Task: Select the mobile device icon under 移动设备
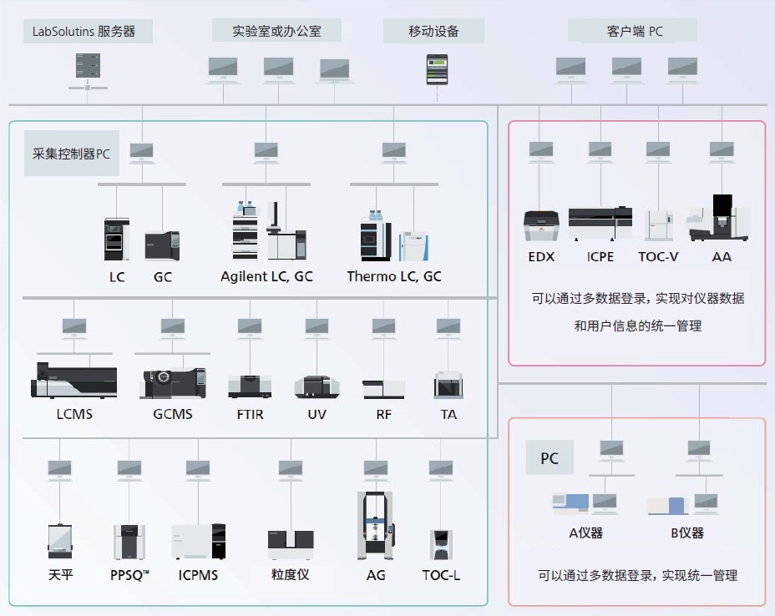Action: tap(437, 69)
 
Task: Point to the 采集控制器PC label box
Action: tap(71, 154)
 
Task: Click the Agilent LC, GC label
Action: tap(267, 276)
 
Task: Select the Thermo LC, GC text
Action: tap(394, 276)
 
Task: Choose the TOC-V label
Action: tap(658, 257)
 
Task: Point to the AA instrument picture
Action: tap(721, 219)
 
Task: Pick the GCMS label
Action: tap(173, 414)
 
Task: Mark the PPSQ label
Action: tap(129, 575)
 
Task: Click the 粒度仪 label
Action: tap(291, 575)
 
